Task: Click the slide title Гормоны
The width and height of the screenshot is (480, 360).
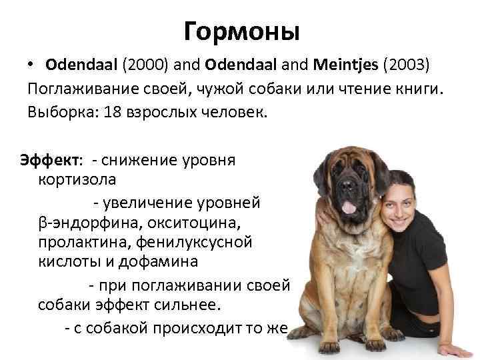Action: click(x=241, y=31)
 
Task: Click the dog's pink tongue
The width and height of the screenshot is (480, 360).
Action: click(x=348, y=207)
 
